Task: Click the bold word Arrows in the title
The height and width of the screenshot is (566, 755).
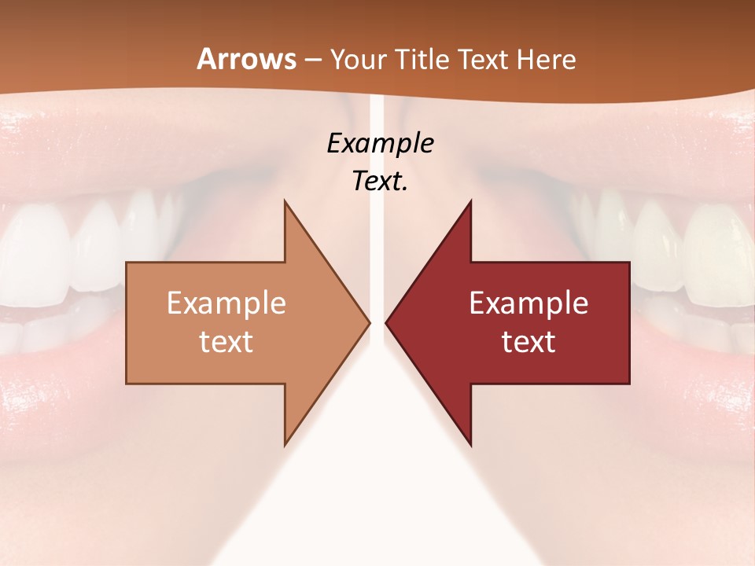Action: pos(246,59)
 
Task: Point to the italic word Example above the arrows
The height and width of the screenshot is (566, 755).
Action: pos(381,143)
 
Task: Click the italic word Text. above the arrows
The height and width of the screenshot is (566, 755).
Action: pos(381,181)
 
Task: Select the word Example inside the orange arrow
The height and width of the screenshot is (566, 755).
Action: pos(226,303)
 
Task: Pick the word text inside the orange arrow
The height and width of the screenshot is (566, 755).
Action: pos(226,341)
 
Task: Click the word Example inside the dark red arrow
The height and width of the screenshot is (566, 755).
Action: pos(528,303)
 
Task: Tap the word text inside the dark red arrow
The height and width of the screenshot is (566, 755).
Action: pos(528,341)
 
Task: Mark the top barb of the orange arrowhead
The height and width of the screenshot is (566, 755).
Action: pos(286,206)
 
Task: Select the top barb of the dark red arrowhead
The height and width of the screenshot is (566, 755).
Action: pos(470,206)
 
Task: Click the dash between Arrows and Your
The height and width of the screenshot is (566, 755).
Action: pos(312,60)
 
